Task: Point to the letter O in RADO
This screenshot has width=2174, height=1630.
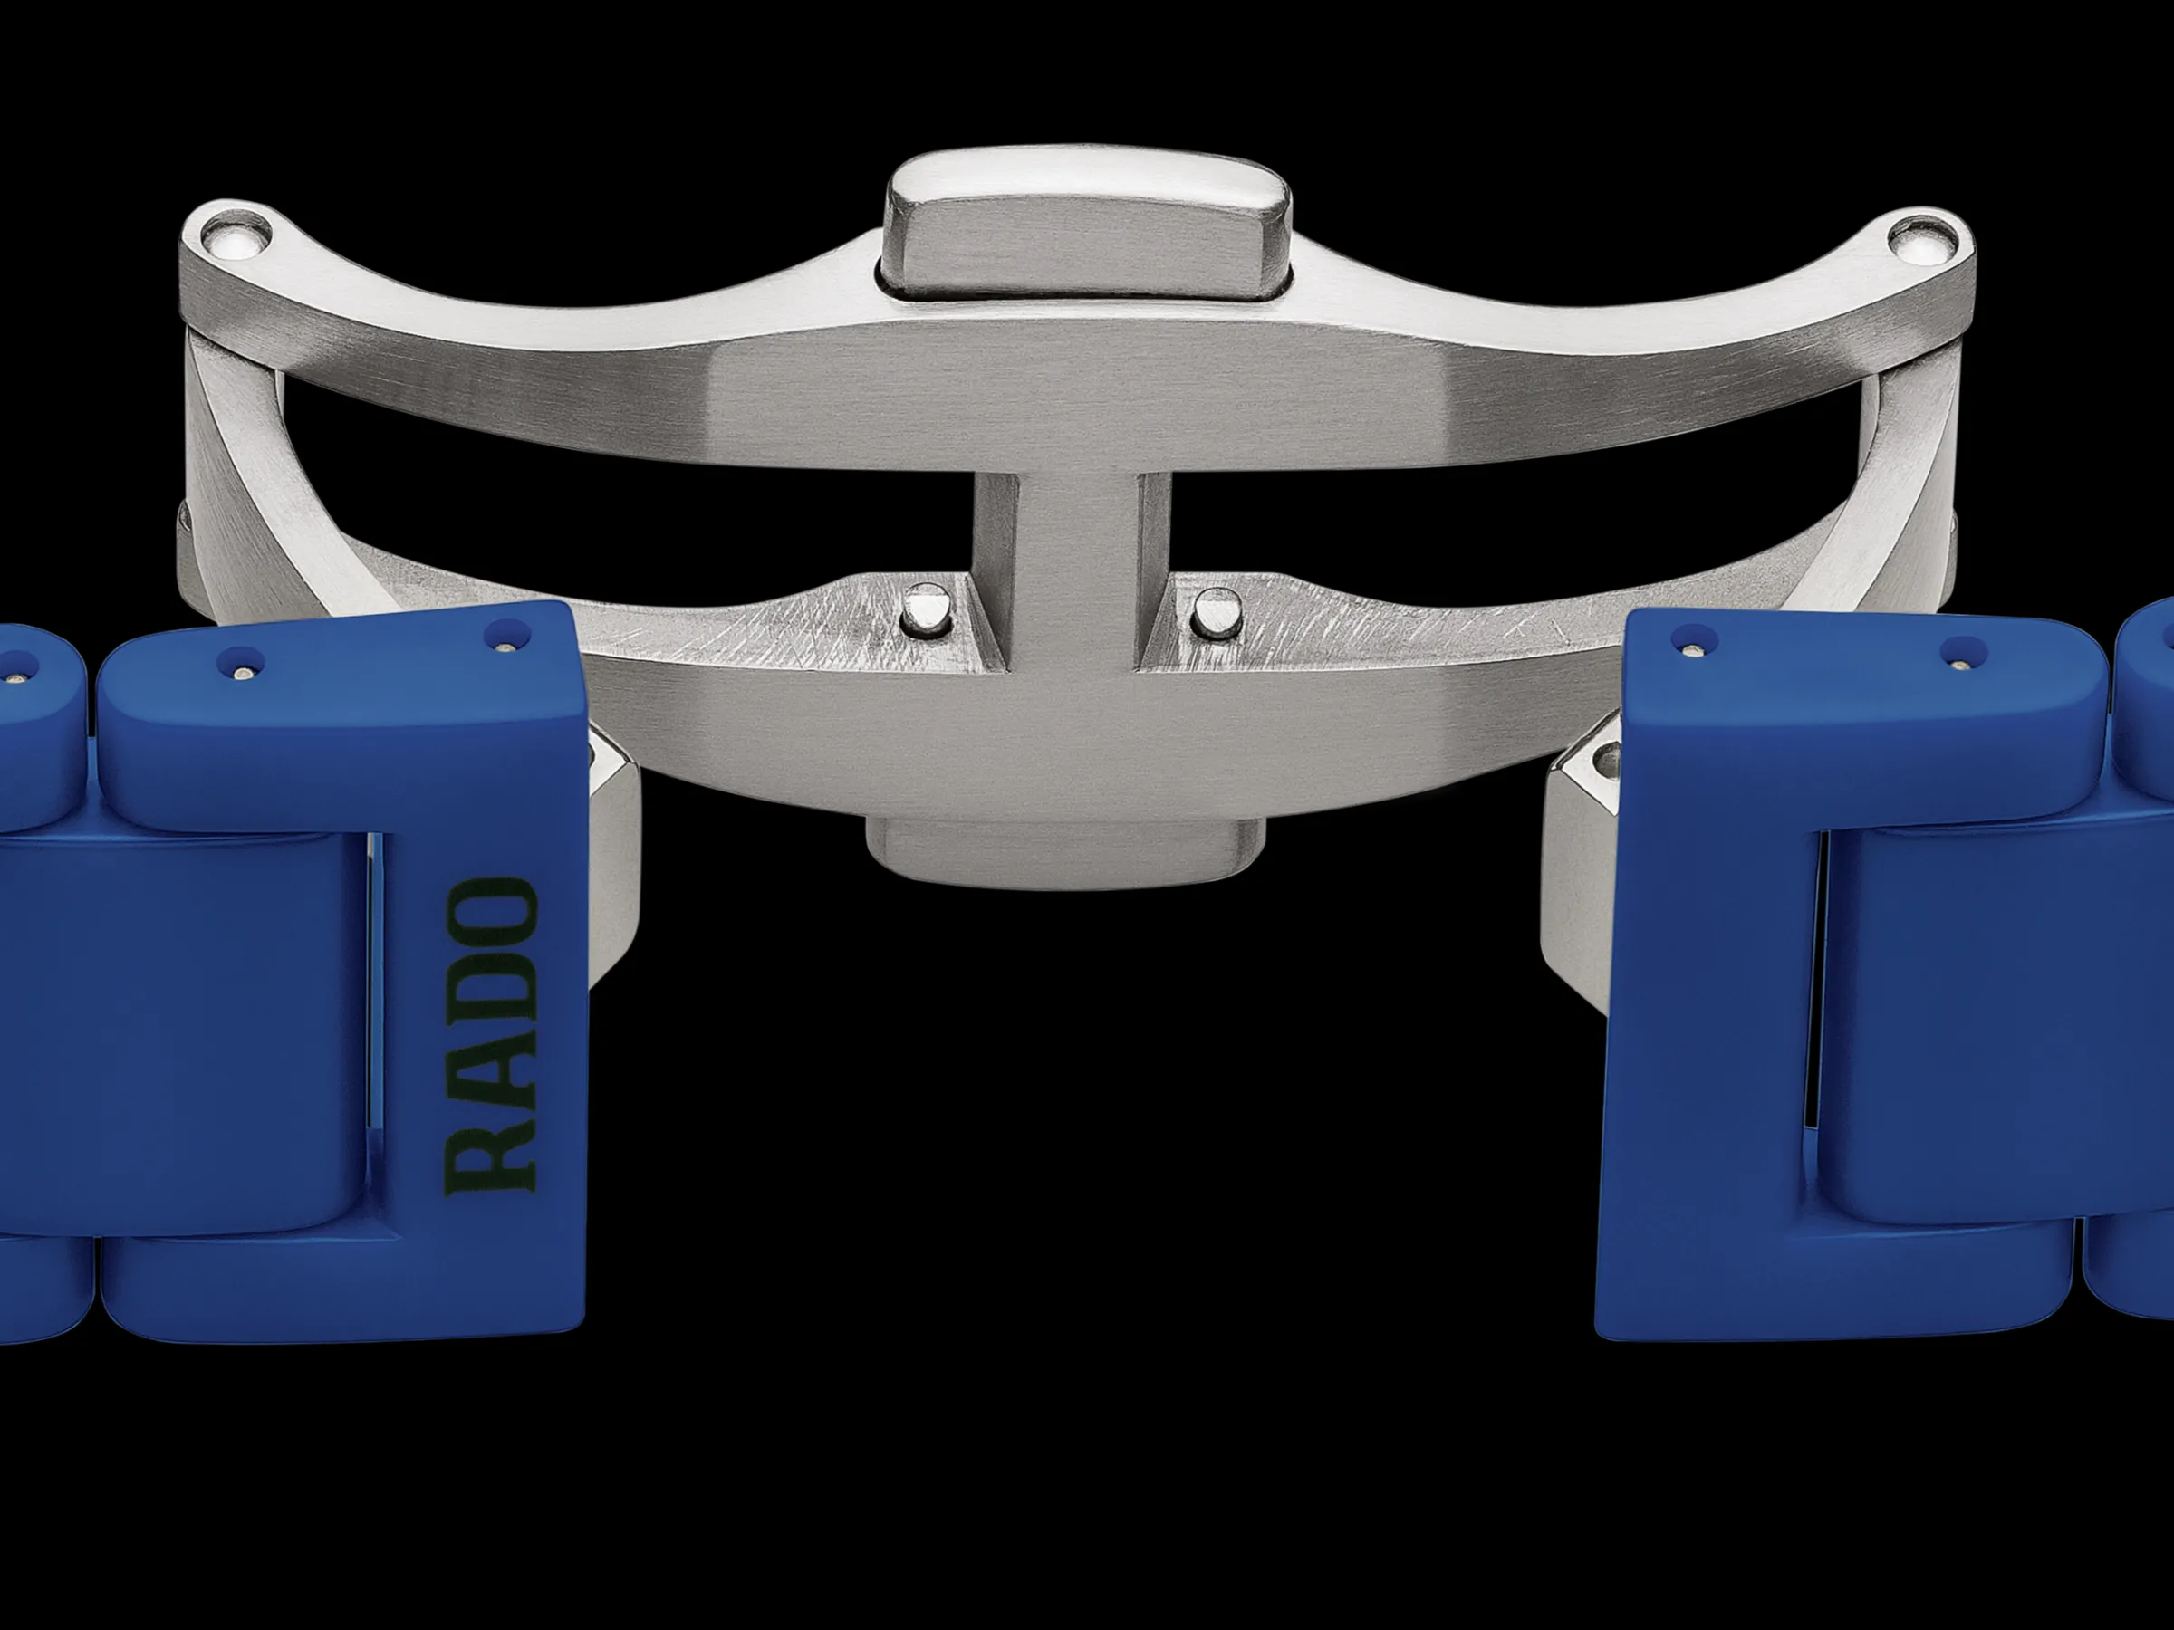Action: (491, 913)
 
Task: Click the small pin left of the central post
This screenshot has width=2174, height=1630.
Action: (926, 610)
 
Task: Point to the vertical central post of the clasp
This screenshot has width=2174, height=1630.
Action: (1072, 570)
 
